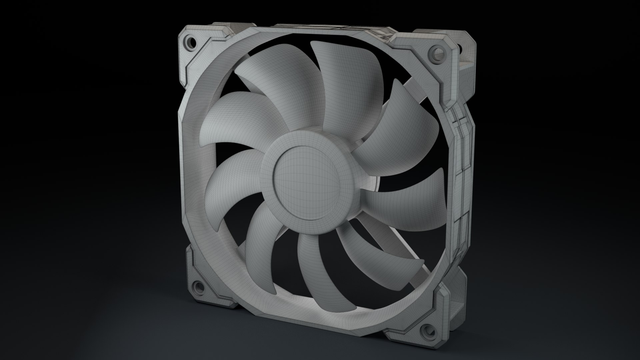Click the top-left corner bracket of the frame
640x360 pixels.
[x=197, y=50]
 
